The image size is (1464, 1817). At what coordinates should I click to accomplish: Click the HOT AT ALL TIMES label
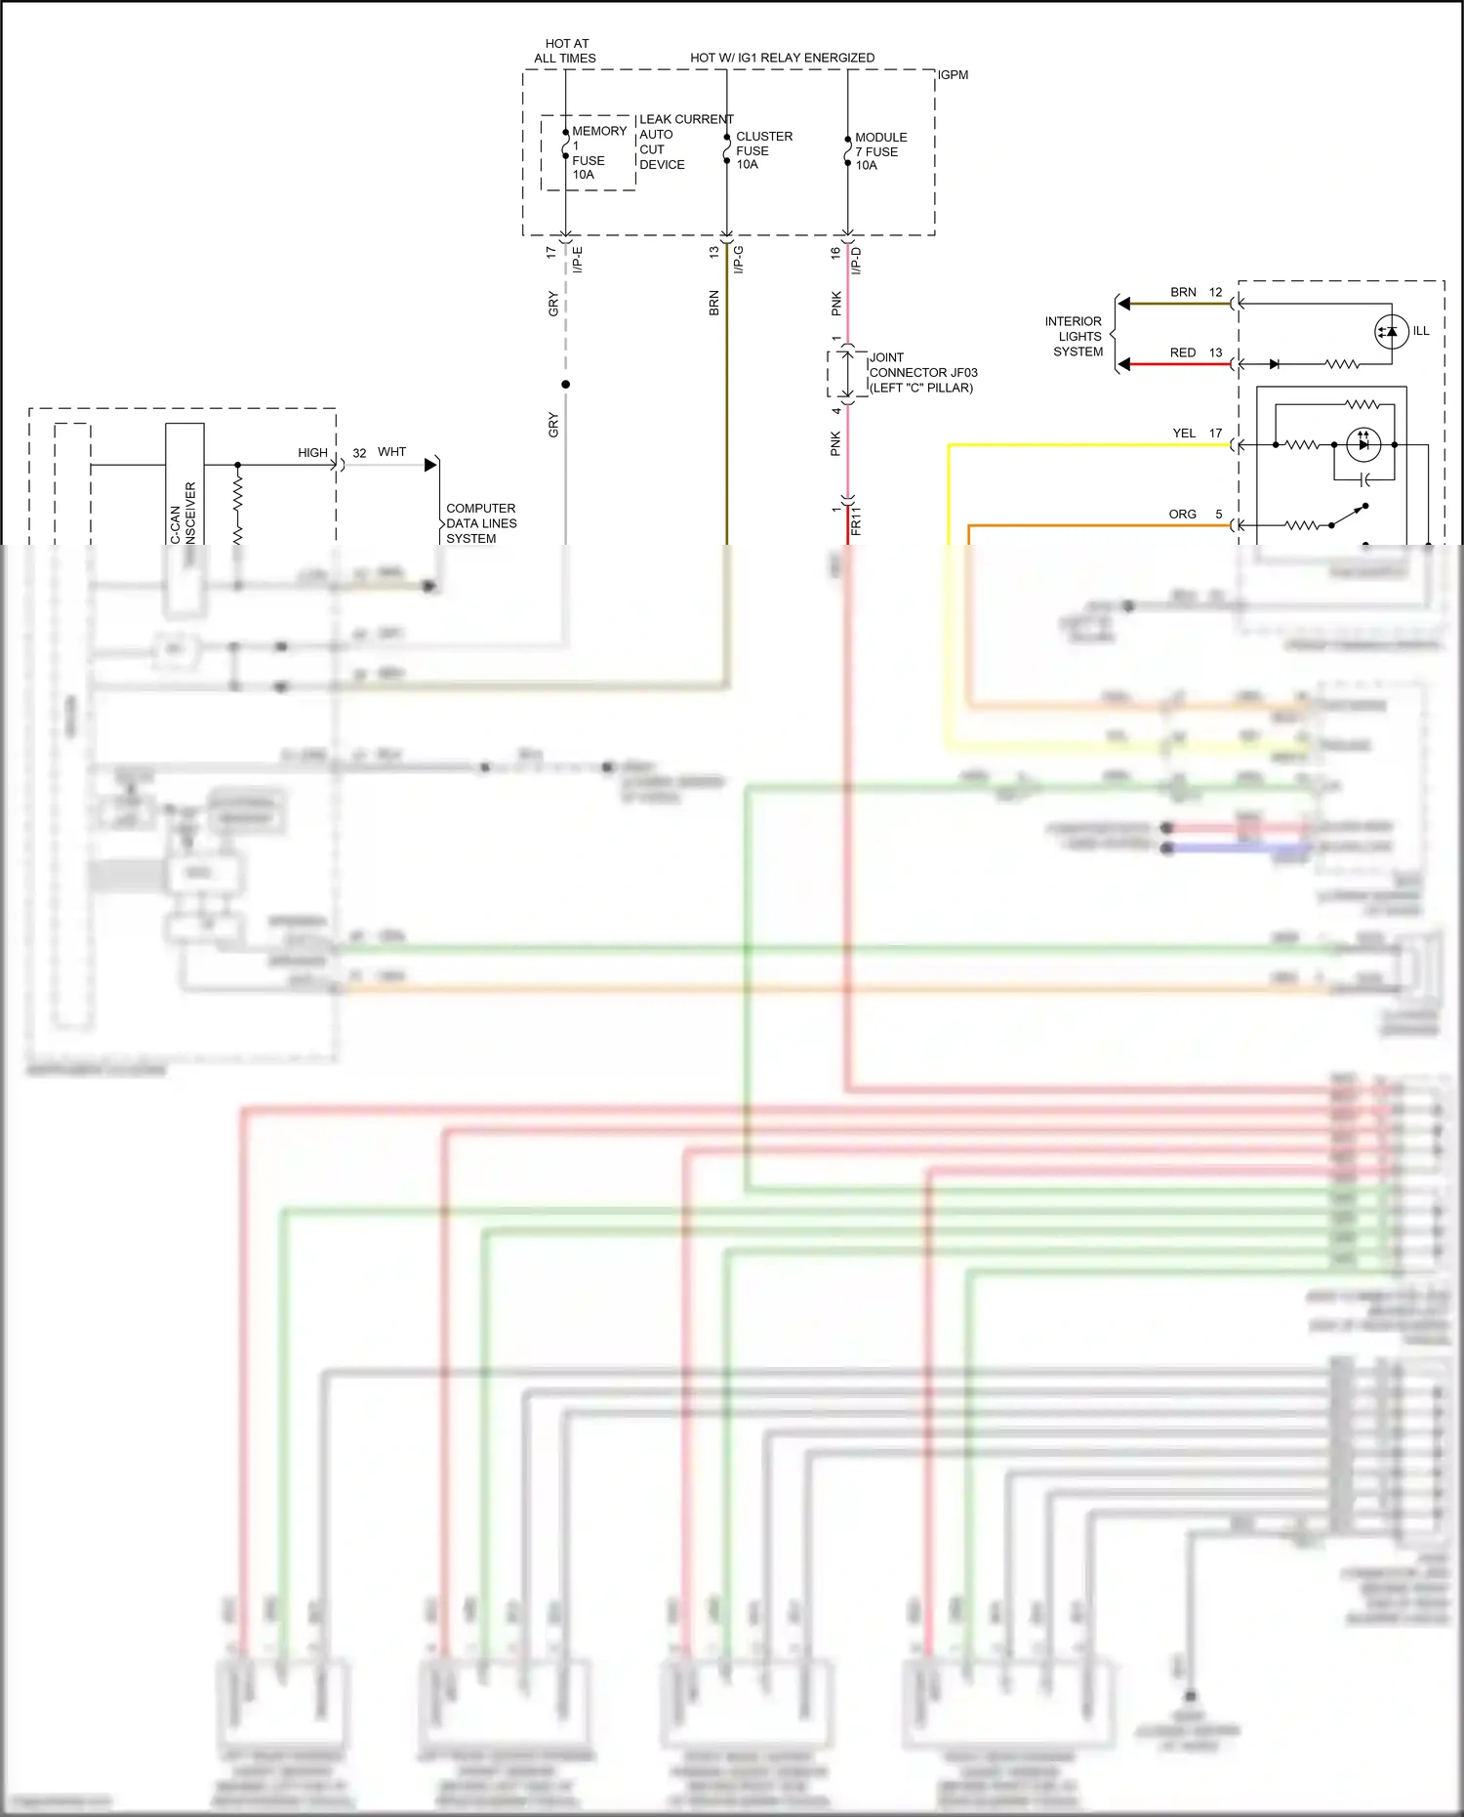coord(565,51)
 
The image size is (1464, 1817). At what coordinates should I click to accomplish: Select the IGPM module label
coord(953,75)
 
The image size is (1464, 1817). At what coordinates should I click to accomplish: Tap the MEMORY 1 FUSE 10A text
coord(596,152)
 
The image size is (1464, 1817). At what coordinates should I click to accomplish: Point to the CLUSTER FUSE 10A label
coord(762,150)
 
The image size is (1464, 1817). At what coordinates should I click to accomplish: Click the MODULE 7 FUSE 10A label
coord(879,151)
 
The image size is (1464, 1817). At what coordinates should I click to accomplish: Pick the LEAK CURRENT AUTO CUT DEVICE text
coord(683,142)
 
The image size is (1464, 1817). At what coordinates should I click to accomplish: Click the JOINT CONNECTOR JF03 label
coord(921,372)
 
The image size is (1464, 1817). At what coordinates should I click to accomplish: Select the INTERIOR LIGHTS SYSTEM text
coord(1075,336)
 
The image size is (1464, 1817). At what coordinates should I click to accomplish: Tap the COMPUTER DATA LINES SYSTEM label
coord(480,523)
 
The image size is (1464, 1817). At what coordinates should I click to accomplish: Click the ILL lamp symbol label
coord(1420,331)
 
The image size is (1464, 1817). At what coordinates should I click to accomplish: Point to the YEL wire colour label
coord(1184,433)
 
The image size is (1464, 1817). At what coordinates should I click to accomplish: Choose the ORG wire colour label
coord(1182,514)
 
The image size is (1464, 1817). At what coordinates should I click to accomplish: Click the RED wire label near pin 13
coord(1182,352)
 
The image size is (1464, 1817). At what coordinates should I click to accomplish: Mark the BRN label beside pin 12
coord(1183,292)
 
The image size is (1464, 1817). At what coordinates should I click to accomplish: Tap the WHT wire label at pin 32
coord(391,452)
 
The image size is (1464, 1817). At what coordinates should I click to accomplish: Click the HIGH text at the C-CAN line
coord(312,453)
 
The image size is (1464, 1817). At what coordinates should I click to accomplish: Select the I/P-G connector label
coord(739,260)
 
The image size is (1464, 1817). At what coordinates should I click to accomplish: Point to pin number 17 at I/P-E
coord(550,252)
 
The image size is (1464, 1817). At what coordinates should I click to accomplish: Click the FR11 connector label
coord(856,520)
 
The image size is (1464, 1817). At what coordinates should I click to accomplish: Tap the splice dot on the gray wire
coord(565,385)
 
